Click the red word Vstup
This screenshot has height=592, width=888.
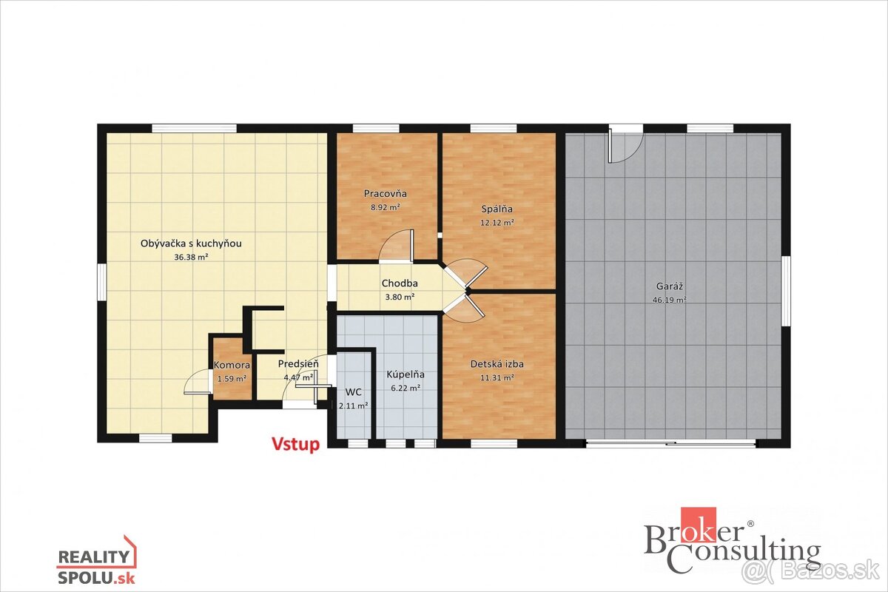pyautogui.click(x=295, y=445)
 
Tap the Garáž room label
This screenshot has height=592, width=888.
pyautogui.click(x=669, y=286)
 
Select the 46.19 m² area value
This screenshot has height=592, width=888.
pyautogui.click(x=669, y=300)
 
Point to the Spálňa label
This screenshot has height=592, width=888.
pyautogui.click(x=497, y=209)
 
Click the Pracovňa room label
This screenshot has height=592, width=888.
pyautogui.click(x=386, y=193)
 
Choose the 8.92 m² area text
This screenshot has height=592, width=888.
pyautogui.click(x=385, y=207)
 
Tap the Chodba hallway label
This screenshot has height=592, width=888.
pyautogui.click(x=400, y=283)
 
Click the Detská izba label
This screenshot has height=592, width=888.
pyautogui.click(x=497, y=364)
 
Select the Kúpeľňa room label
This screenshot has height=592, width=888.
pyautogui.click(x=406, y=374)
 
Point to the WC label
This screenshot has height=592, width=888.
pyautogui.click(x=353, y=392)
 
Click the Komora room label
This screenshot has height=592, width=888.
pyautogui.click(x=232, y=366)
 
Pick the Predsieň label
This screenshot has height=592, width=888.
pyautogui.click(x=298, y=363)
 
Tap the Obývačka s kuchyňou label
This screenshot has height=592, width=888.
pyautogui.click(x=191, y=243)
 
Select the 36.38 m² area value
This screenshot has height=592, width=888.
pyautogui.click(x=191, y=258)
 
